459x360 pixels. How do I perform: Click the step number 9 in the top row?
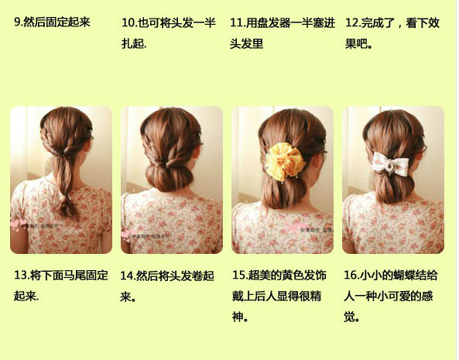[x=19, y=22]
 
